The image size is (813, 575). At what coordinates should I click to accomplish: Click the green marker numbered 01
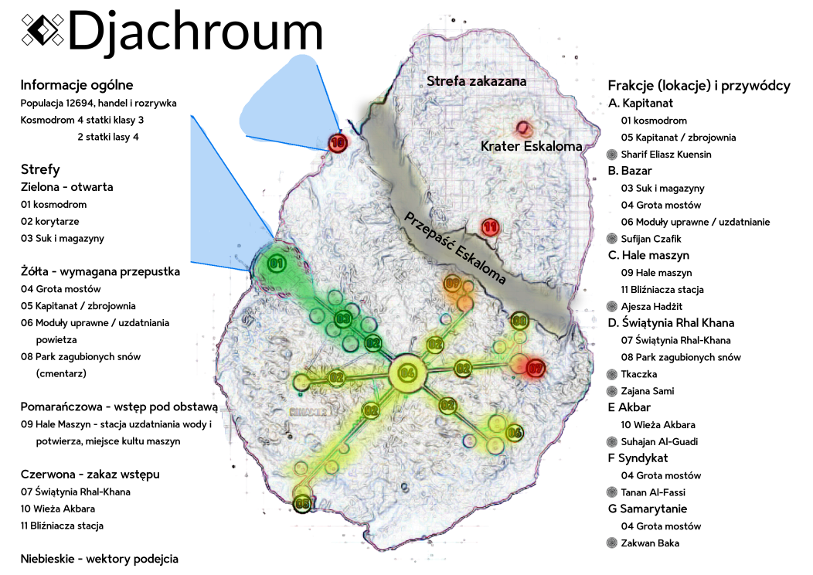point(276,264)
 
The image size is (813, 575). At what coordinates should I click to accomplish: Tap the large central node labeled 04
point(407,374)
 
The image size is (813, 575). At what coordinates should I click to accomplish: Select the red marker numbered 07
point(536,369)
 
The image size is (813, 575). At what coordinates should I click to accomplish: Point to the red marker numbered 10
point(338,142)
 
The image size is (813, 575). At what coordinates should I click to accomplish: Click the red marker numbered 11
point(490,227)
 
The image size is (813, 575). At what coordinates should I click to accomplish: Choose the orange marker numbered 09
point(453,284)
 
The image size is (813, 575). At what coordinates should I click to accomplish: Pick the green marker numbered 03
point(343,318)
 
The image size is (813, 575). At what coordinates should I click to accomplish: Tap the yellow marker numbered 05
point(303,505)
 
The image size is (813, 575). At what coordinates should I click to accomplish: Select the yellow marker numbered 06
point(515,433)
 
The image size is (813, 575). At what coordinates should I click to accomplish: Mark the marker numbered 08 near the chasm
point(519,321)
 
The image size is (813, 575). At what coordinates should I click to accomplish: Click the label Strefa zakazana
point(476,81)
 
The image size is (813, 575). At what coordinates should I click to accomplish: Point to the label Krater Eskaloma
point(531,146)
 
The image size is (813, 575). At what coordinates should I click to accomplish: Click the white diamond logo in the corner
point(43,30)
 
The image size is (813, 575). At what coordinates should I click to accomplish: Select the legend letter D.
point(613,323)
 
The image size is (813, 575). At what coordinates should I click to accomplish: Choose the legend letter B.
point(613,171)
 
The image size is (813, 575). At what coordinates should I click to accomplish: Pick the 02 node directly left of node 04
point(336,378)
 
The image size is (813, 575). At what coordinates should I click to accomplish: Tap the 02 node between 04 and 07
point(463,368)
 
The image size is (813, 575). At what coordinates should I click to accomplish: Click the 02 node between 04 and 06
point(448,404)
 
